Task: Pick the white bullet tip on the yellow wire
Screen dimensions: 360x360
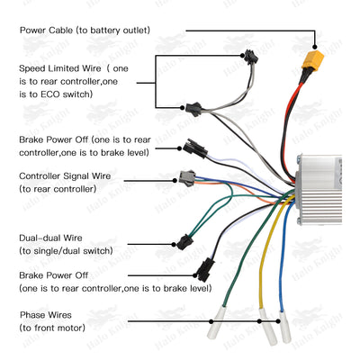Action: coord(262,321)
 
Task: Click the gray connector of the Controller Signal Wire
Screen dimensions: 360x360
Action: coord(187,176)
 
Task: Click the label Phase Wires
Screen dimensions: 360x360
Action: coord(49,315)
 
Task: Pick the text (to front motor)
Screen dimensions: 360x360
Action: coord(52,328)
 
